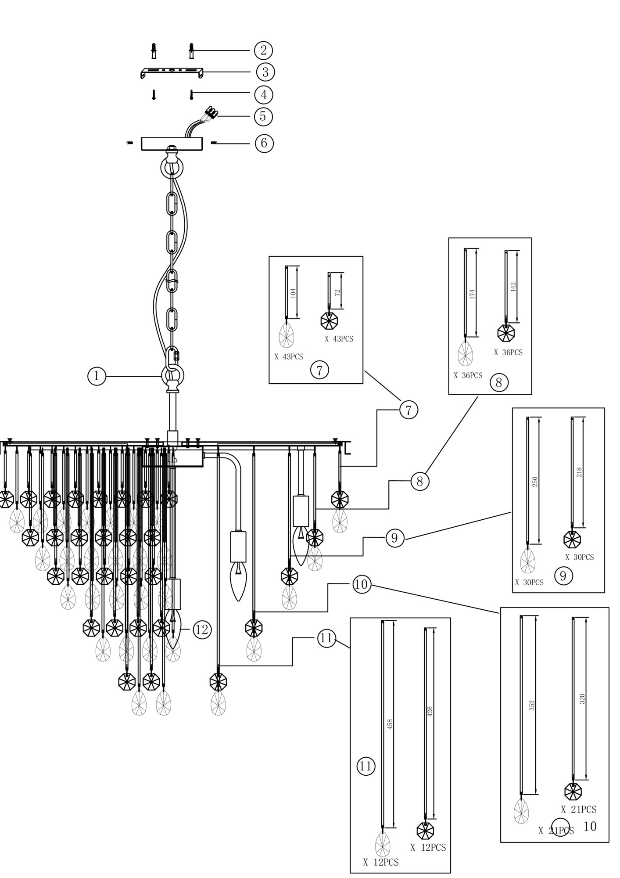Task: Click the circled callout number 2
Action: click(x=263, y=50)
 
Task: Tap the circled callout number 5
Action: click(x=263, y=116)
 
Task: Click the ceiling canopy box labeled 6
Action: click(x=172, y=144)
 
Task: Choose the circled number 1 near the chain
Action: click(x=97, y=376)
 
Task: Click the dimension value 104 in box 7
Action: click(x=293, y=293)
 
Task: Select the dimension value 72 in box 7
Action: click(x=337, y=292)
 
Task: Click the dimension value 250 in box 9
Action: click(x=534, y=482)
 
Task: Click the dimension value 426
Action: click(x=430, y=712)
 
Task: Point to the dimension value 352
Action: click(x=532, y=705)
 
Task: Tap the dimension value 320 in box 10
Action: click(x=582, y=699)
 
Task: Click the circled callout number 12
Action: click(x=202, y=630)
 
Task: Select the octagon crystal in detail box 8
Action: click(x=506, y=333)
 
